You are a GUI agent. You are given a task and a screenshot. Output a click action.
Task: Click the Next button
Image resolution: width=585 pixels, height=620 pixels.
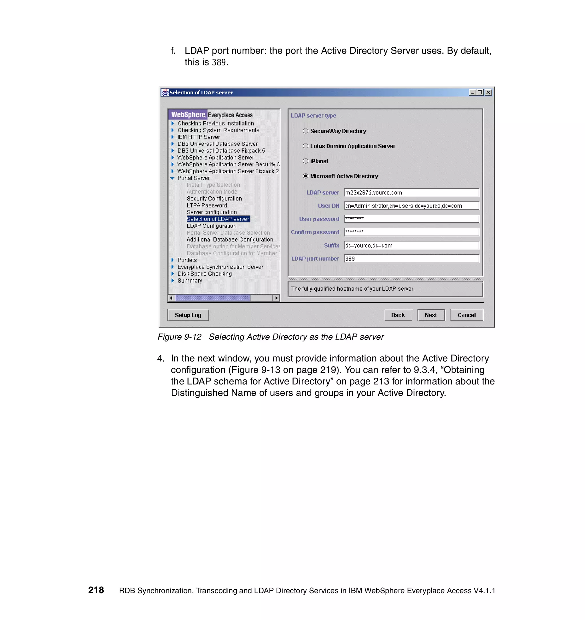431,315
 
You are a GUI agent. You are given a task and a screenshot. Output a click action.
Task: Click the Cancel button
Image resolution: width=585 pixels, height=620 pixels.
466,315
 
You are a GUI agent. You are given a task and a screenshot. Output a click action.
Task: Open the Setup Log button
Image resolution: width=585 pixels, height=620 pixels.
188,315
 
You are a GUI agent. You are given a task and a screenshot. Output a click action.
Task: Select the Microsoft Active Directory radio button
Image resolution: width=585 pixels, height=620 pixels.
305,176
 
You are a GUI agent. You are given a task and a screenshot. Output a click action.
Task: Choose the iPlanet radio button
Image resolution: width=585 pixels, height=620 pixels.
305,161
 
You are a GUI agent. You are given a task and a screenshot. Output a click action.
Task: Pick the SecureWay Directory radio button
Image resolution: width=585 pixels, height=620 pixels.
305,131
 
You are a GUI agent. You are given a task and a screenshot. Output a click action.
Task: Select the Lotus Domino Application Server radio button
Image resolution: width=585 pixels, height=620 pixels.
305,146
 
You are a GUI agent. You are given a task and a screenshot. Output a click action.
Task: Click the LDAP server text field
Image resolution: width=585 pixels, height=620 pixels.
411,192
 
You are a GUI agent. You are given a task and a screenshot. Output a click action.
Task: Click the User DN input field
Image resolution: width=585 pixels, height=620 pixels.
411,206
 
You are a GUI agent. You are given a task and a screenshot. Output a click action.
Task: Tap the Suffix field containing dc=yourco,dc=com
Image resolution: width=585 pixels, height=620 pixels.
411,245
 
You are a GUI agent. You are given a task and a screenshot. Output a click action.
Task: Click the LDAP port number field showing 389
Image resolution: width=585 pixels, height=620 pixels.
411,259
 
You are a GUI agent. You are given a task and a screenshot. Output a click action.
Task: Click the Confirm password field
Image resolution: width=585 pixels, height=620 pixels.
411,232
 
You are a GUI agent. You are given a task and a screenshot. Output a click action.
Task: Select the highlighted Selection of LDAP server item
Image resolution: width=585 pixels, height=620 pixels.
218,219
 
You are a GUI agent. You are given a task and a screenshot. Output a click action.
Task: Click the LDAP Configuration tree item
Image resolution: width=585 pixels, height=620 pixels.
211,226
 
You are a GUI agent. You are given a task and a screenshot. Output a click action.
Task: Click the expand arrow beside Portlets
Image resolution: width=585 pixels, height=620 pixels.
173,260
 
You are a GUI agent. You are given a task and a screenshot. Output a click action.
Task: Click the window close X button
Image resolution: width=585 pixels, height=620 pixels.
488,92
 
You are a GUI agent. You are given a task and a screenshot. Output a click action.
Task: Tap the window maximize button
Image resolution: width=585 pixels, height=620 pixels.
480,92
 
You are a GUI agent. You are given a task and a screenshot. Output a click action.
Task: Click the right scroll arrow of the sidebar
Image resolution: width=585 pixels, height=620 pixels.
276,298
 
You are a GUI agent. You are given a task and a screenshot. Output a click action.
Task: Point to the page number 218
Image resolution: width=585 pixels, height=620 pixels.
96,590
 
